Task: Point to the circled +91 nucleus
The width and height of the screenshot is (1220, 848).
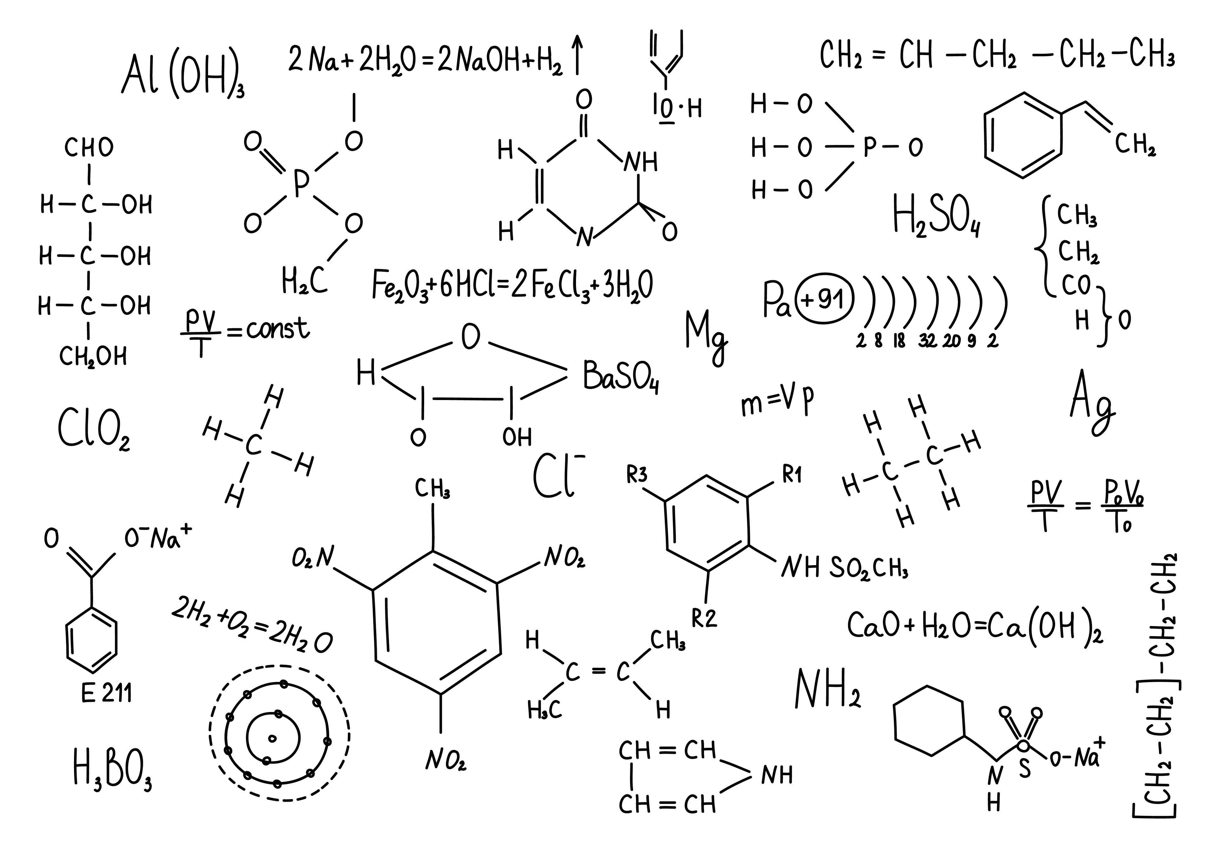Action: point(823,300)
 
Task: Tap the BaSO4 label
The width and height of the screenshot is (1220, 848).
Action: point(620,377)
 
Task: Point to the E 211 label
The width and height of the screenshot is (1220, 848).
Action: point(106,693)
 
